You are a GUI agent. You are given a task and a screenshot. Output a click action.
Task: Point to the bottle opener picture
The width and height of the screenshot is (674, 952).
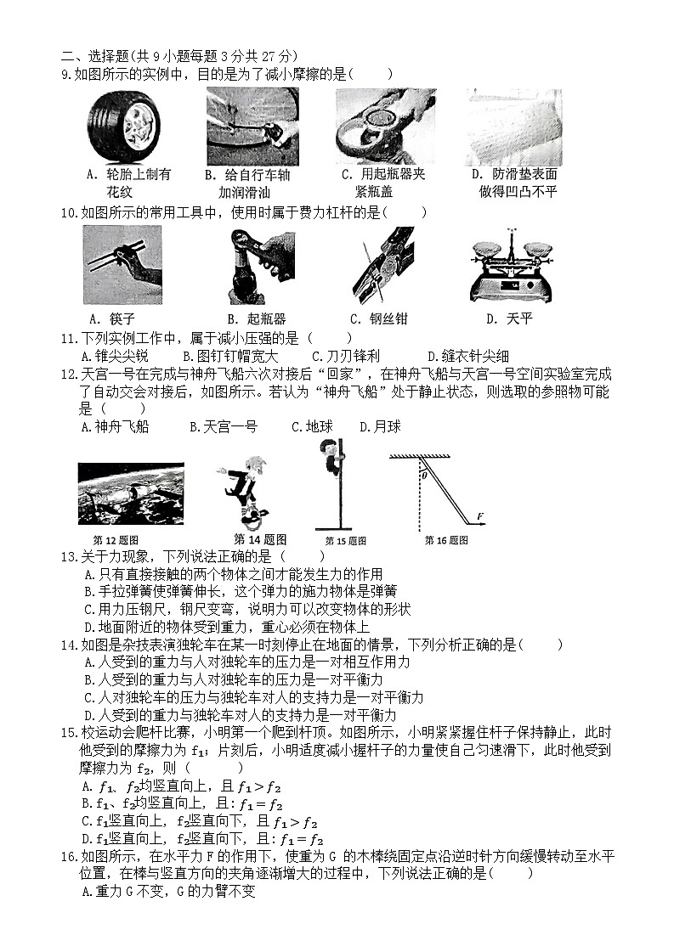(252, 266)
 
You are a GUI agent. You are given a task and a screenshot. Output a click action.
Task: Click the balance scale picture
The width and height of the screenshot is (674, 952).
(512, 265)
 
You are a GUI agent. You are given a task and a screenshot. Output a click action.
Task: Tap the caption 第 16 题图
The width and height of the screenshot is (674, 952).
(446, 540)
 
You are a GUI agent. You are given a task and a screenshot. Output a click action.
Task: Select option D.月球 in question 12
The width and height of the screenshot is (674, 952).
(380, 426)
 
